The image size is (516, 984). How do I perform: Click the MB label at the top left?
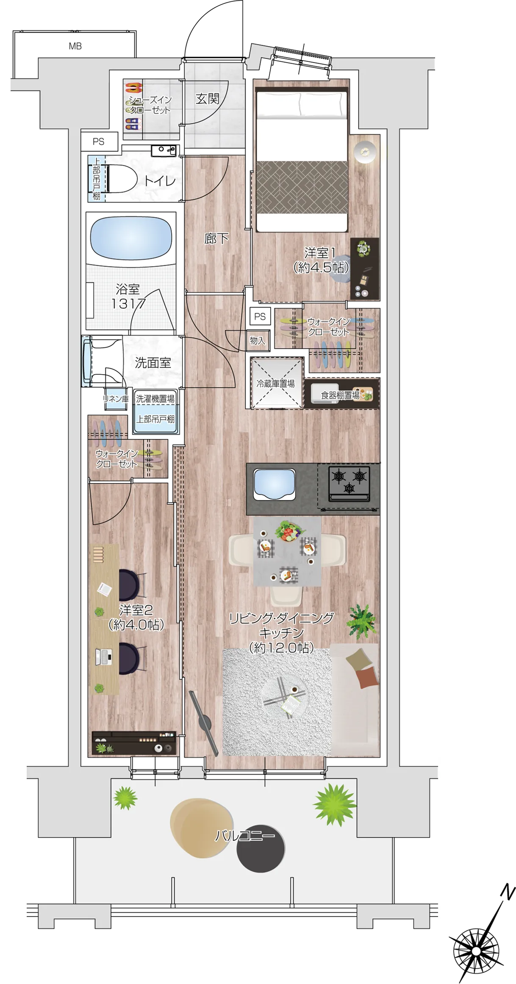tap(75, 46)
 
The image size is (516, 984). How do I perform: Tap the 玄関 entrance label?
tap(207, 99)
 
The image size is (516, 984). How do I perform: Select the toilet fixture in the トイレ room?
tap(121, 178)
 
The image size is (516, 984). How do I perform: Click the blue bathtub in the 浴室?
tap(131, 239)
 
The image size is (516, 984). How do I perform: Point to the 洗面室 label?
tap(153, 362)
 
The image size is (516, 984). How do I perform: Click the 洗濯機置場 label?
tap(155, 399)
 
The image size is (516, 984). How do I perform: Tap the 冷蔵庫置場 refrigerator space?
tap(277, 383)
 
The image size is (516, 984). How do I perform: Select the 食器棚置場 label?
tap(340, 395)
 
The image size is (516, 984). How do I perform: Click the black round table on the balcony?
tap(261, 849)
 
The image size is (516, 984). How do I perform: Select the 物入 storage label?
tap(258, 340)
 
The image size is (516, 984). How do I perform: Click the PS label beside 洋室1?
tap(260, 316)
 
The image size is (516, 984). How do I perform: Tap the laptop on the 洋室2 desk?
tap(104, 656)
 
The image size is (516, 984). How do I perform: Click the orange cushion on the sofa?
tap(366, 677)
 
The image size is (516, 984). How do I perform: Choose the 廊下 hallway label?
tap(216, 239)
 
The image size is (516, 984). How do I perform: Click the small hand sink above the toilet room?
tap(164, 150)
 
